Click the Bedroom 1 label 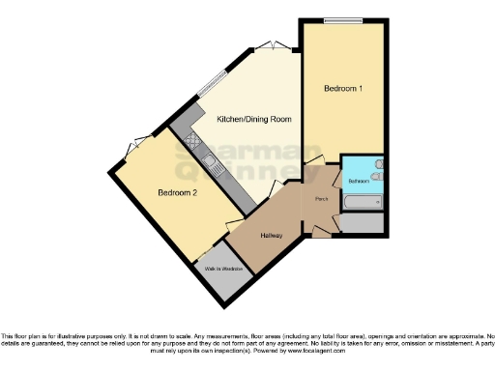point(343,89)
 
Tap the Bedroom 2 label point(178,193)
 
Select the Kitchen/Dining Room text point(253,118)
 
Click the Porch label point(321,200)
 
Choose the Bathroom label point(359,181)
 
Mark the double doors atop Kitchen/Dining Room point(271,45)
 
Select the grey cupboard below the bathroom point(362,223)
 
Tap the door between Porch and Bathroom point(335,178)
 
